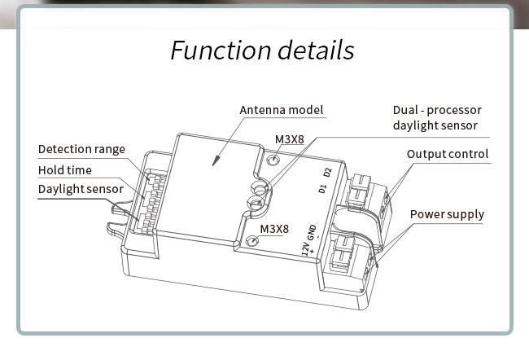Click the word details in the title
tap(315, 50)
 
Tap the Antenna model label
tap(282, 110)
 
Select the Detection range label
tap(81, 149)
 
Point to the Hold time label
tap(65, 170)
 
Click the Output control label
tap(448, 154)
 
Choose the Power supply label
tap(447, 214)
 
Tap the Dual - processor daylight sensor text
tap(436, 117)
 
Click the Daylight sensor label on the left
tap(81, 189)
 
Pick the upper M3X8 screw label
tap(289, 138)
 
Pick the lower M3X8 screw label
tap(274, 228)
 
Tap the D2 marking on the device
tap(327, 173)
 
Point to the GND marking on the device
tap(311, 232)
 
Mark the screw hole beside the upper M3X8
tap(274, 160)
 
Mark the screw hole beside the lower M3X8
tap(254, 241)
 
